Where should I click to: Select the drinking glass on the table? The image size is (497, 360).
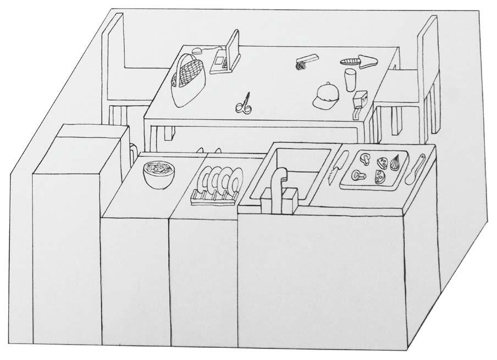coord(350,79)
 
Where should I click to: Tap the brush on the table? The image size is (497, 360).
coord(306,61)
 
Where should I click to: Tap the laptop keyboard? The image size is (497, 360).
coord(219,62)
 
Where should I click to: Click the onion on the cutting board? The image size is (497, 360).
coord(395,162)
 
